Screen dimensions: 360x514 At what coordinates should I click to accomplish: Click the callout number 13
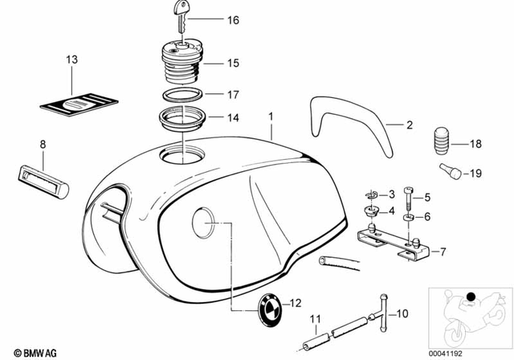coord(71,60)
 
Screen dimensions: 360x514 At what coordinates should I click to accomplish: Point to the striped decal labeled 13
coord(80,104)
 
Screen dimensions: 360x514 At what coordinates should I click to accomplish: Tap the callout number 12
coord(295,304)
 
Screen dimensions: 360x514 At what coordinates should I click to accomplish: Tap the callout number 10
coord(403,313)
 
